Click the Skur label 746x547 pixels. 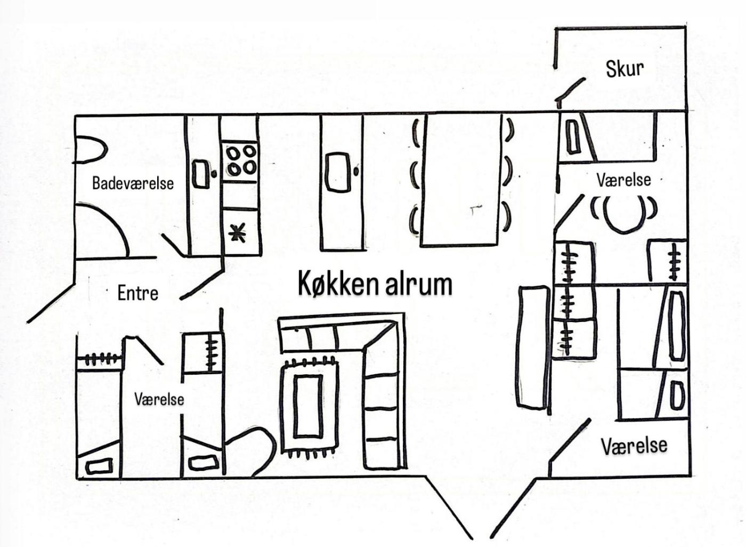(x=625, y=68)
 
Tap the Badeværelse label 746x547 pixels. (x=133, y=183)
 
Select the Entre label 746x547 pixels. (x=137, y=293)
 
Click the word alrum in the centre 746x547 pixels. (x=418, y=284)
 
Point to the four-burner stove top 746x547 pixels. (x=240, y=160)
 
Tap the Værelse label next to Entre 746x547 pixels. (x=159, y=399)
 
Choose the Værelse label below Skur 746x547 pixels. (x=623, y=180)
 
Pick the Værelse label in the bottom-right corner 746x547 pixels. (x=634, y=445)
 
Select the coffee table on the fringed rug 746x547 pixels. (x=307, y=406)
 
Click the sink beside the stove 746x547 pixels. (x=201, y=174)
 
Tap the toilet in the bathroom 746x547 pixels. (x=88, y=147)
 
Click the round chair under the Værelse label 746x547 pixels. (x=623, y=212)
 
